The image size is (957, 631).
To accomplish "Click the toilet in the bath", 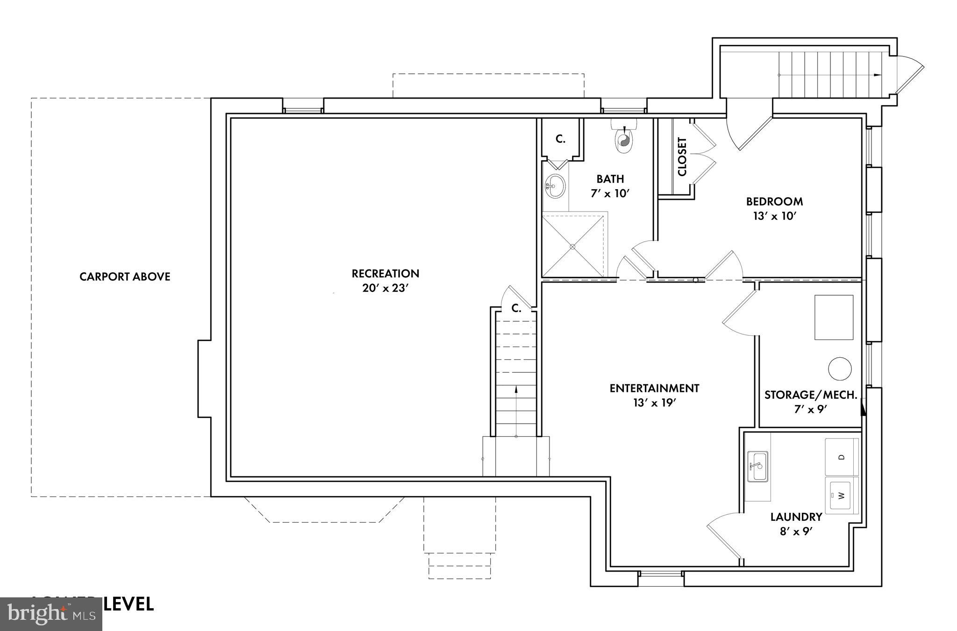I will click(x=624, y=138).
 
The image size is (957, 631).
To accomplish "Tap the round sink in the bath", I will click(x=555, y=186).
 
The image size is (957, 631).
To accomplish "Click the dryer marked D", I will click(x=843, y=457).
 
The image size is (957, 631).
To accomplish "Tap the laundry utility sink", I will click(x=757, y=466).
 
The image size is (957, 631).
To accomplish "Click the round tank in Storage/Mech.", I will click(x=840, y=369).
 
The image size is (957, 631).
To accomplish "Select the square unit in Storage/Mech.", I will click(x=834, y=317).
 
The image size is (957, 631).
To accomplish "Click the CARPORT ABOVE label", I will click(x=125, y=277).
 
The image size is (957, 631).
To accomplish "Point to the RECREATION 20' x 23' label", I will click(x=386, y=280).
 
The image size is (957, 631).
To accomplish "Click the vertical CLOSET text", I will click(x=682, y=156).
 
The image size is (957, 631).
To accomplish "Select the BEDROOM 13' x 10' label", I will click(x=774, y=208).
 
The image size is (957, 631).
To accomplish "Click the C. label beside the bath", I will click(x=560, y=139).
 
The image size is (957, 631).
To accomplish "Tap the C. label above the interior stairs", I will click(x=516, y=308).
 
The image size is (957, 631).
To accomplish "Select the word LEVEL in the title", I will click(x=129, y=604).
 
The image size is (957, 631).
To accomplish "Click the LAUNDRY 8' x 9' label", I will click(x=796, y=524).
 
